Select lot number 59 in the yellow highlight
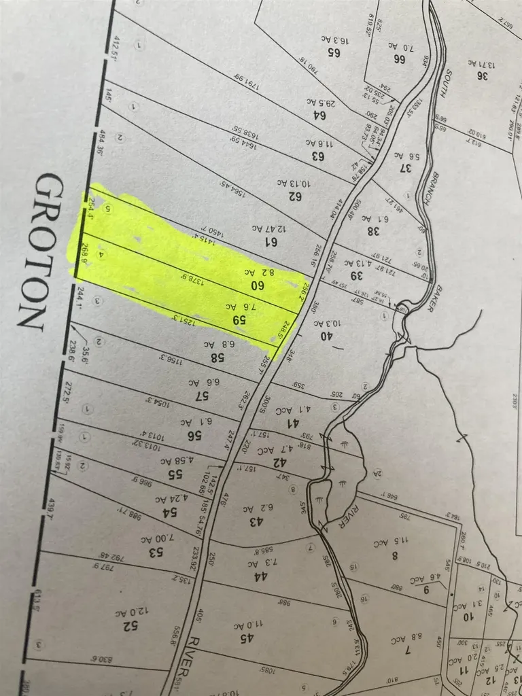click(239, 318)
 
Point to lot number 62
click(294, 196)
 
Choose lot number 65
click(333, 51)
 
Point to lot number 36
click(483, 75)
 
